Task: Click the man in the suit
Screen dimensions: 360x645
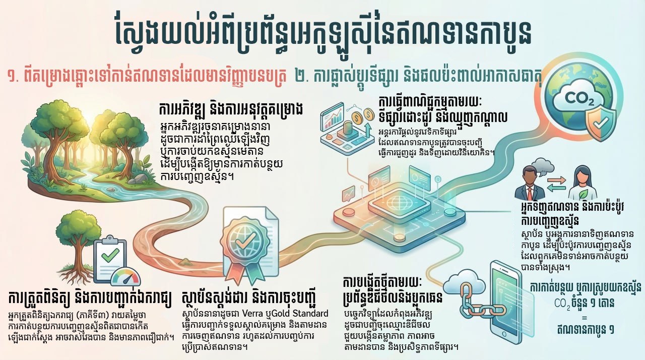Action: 529,184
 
